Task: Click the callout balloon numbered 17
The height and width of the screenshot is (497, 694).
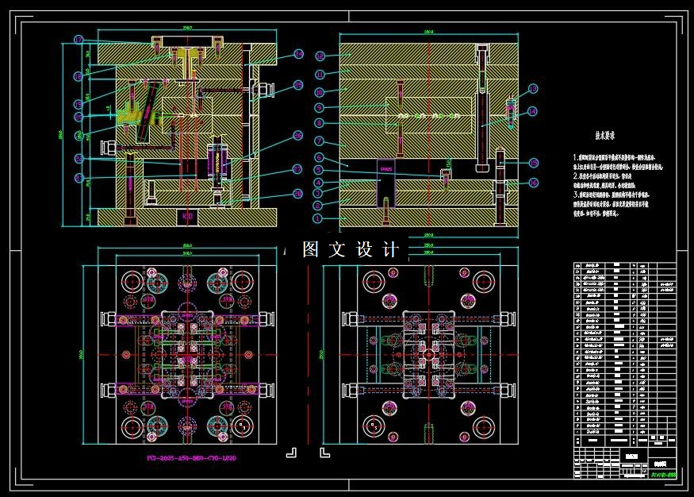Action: (79, 40)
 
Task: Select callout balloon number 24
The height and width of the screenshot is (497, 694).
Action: (298, 55)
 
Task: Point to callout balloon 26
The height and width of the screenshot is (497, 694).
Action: (298, 136)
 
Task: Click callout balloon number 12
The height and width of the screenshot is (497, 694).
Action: (320, 56)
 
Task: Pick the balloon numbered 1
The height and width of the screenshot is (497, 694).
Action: (318, 218)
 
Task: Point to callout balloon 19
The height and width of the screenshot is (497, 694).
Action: (79, 104)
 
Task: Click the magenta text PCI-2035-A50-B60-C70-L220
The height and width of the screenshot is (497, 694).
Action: (191, 458)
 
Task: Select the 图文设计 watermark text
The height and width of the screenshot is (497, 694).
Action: (350, 249)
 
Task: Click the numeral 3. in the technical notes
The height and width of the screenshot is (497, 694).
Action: (577, 193)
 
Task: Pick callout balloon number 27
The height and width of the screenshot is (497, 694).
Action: (298, 168)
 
